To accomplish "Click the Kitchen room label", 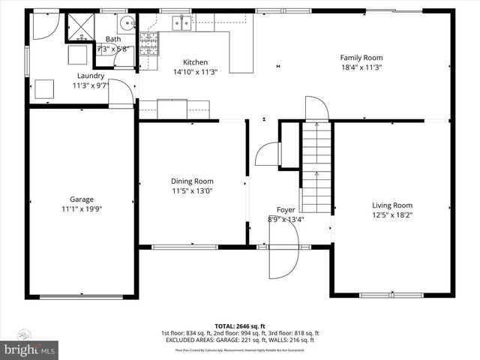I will point(196,62).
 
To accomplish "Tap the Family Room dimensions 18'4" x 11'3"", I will point(361,67).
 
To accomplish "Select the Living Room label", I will point(392,205).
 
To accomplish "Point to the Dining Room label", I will point(193,181).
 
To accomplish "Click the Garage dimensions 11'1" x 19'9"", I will point(82,209).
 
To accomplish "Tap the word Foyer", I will point(286,210).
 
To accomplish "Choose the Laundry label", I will point(91,76).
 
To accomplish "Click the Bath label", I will point(113,40).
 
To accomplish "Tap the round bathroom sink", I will point(127,22).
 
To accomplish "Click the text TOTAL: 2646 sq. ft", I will point(240,326).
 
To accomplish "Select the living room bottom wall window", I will point(391,295).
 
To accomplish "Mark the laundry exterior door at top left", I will point(44,27).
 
